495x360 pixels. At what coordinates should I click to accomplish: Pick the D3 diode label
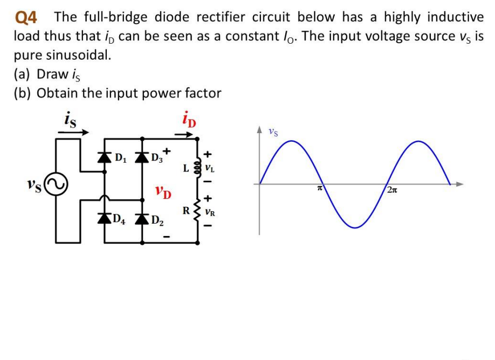coord(157,158)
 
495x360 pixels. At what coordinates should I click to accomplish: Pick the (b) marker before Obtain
coord(24,93)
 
